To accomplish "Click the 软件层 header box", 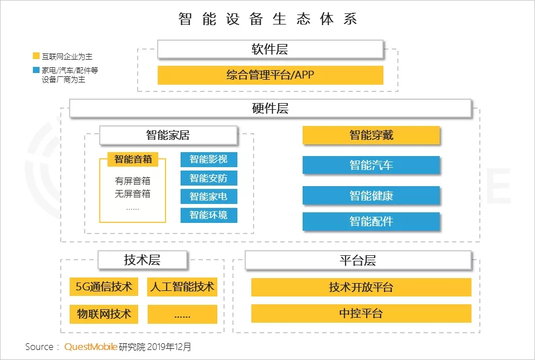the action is (270, 50).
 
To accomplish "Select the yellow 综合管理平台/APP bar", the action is (270, 75).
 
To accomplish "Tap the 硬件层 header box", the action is (270, 109).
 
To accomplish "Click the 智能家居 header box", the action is (168, 135).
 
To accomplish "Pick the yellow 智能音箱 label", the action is (133, 159).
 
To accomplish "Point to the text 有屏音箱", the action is (133, 181).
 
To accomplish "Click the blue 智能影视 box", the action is (209, 159).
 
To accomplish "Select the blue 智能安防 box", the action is (209, 178).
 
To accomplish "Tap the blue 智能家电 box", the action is (209, 197).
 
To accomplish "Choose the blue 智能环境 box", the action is (209, 215).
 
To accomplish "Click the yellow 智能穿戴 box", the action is (371, 135).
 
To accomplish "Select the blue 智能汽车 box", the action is (371, 165).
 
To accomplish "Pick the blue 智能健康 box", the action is (371, 196).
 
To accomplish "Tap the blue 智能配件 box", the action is (371, 221).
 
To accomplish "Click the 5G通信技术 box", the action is (104, 286).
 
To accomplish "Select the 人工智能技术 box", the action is (182, 286).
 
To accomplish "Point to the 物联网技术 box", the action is (104, 314).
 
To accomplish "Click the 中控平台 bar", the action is (361, 313).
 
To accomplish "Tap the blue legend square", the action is (36, 70).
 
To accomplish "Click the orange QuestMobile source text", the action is (91, 347).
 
